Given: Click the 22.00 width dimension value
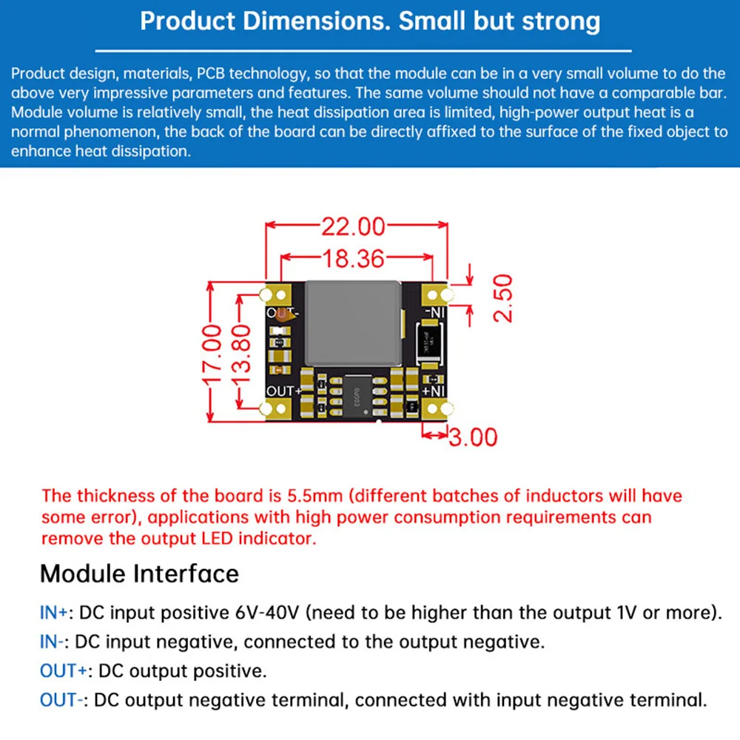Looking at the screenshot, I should click(353, 226).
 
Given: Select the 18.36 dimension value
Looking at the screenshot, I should click(353, 259).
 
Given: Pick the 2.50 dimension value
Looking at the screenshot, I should click(502, 297).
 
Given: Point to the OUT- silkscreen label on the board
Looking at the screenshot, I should click(281, 313).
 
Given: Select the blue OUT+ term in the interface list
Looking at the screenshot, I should click(64, 671).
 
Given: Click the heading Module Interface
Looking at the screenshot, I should click(139, 573).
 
